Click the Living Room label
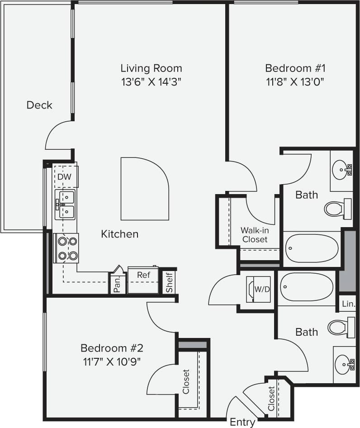pyautogui.click(x=151, y=68)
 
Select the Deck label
pyautogui.click(x=39, y=105)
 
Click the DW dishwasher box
pyautogui.click(x=65, y=176)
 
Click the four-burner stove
pyautogui.click(x=66, y=248)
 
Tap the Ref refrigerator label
pyautogui.click(x=143, y=275)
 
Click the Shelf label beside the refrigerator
pyautogui.click(x=169, y=281)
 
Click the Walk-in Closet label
pyautogui.click(x=254, y=234)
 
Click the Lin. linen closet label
pyautogui.click(x=349, y=304)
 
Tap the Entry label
pyautogui.click(x=242, y=422)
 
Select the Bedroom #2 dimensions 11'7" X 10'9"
pyautogui.click(x=112, y=361)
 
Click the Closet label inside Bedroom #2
pyautogui.click(x=185, y=381)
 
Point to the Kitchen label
pyautogui.click(x=119, y=234)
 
